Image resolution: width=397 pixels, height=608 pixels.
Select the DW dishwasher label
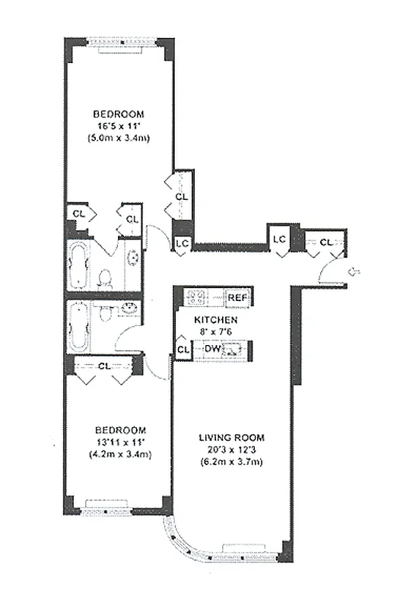(x=214, y=349)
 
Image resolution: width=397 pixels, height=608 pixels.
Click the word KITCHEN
(x=215, y=320)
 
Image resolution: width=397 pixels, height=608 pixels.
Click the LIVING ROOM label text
(x=231, y=437)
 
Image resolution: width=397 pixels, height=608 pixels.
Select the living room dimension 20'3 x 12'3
(x=231, y=450)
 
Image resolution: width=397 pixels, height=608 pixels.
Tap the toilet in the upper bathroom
(x=106, y=278)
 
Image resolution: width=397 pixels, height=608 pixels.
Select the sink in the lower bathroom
(x=127, y=309)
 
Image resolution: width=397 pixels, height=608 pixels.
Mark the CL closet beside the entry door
(x=326, y=242)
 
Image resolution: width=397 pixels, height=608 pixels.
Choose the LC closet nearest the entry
(x=279, y=239)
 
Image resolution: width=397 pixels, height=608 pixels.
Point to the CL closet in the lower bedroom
(x=104, y=366)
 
